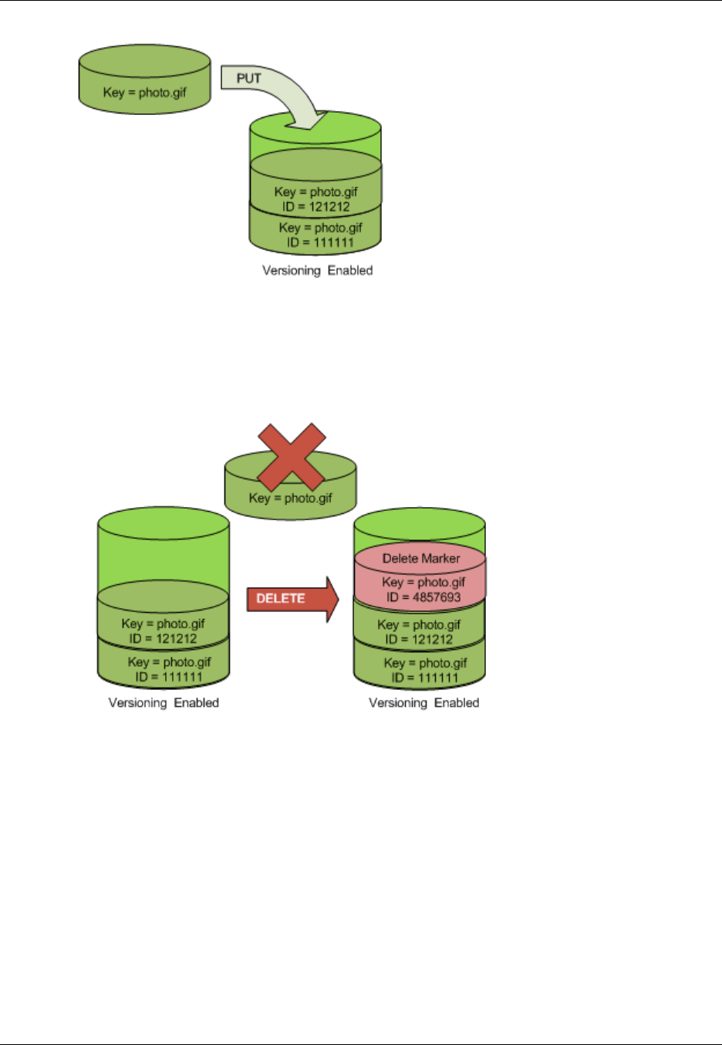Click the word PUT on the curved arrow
click(x=248, y=78)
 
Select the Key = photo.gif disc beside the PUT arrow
click(x=145, y=92)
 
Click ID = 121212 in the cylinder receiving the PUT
click(x=315, y=206)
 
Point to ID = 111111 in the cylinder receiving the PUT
click(x=320, y=242)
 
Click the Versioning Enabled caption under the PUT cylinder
click(x=317, y=270)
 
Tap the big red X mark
click(x=291, y=457)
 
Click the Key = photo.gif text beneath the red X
click(x=290, y=498)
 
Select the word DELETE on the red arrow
click(x=280, y=598)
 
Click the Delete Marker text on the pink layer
click(x=420, y=558)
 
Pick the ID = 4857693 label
click(x=423, y=597)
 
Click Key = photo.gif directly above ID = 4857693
click(x=423, y=582)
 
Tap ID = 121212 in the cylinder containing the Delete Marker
click(x=419, y=639)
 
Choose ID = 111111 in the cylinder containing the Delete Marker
click(x=425, y=678)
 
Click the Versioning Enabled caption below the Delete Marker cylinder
click(x=423, y=702)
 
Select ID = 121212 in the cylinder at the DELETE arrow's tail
click(x=163, y=638)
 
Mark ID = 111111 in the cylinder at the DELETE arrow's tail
click(x=169, y=677)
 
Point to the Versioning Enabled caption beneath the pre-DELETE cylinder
click(x=164, y=702)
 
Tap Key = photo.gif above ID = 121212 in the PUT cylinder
click(x=315, y=191)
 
